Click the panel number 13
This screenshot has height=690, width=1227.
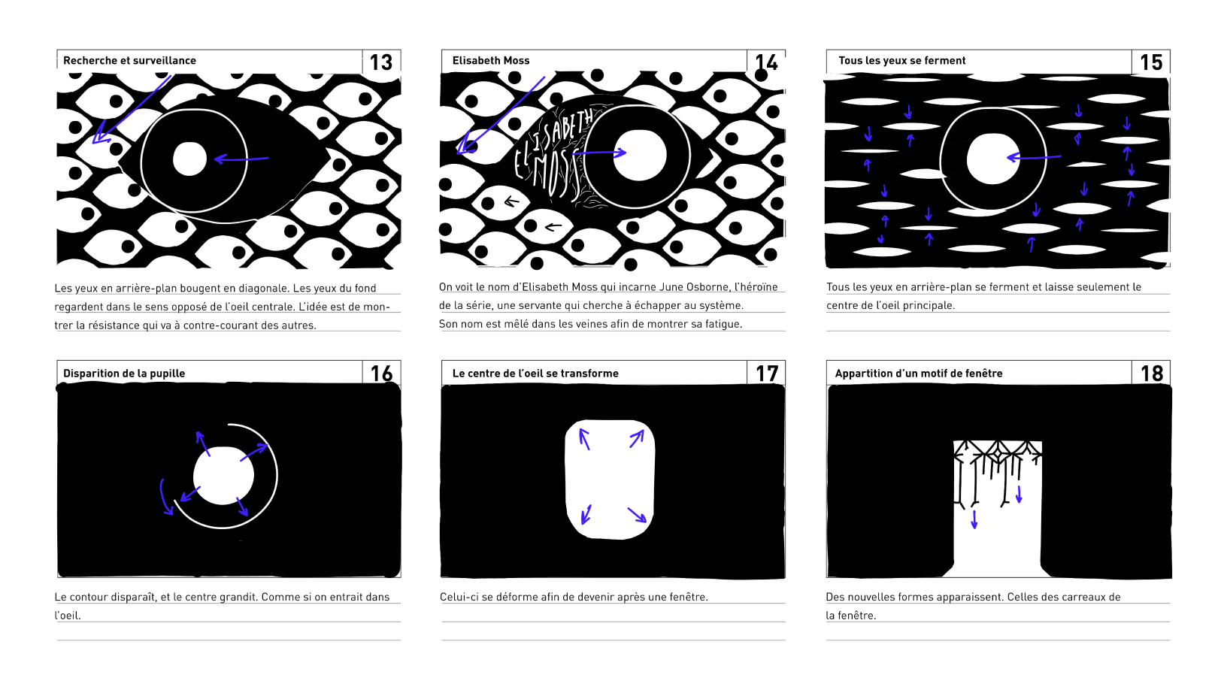381,62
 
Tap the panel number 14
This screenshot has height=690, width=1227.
766,62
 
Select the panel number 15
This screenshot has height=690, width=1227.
1151,62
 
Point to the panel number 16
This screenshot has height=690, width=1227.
381,374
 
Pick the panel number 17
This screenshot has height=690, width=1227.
767,374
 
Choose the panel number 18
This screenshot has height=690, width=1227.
1152,374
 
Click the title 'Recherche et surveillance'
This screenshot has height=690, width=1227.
129,61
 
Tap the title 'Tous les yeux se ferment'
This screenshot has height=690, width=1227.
901,61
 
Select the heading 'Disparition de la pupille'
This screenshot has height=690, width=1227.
124,374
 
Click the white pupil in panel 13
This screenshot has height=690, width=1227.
189,159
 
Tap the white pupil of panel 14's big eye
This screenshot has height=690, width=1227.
640,156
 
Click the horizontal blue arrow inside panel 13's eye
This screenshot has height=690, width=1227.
241,159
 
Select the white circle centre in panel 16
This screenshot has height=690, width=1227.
223,475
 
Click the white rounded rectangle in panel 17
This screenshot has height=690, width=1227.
610,480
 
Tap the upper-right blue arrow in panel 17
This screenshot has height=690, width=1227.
637,439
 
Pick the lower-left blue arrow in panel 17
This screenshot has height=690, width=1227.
586,515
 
